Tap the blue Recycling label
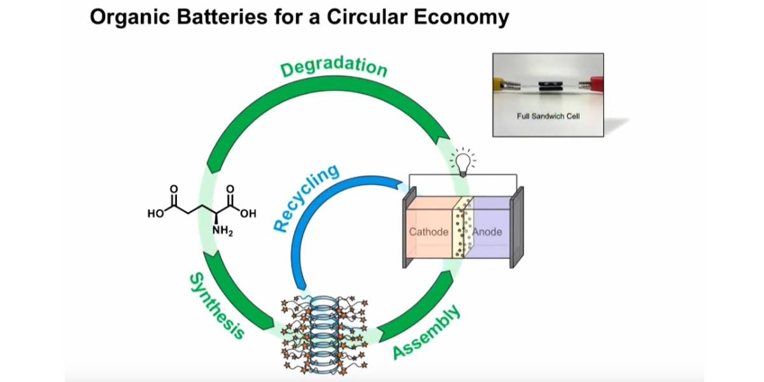click(x=306, y=199)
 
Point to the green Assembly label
click(x=426, y=332)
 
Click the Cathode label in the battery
click(x=428, y=232)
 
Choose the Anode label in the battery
click(x=487, y=232)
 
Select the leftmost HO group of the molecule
click(x=155, y=214)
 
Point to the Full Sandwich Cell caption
click(x=548, y=117)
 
